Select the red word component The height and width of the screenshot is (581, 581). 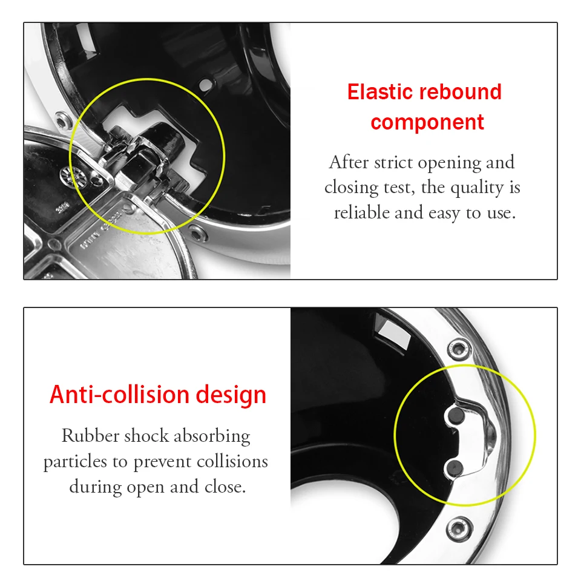427,122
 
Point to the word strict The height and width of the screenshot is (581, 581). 393,162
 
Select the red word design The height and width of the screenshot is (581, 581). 231,395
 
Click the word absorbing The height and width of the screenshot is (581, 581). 212,437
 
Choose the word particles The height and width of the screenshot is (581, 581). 75,462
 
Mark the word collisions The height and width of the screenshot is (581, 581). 232,461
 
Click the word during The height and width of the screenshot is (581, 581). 96,487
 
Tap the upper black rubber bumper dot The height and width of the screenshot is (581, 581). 455,415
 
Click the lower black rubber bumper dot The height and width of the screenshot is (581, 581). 455,468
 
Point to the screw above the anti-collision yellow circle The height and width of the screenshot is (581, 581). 459,349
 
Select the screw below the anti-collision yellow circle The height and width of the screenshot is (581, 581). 459,529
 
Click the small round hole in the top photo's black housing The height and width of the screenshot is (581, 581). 205,85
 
